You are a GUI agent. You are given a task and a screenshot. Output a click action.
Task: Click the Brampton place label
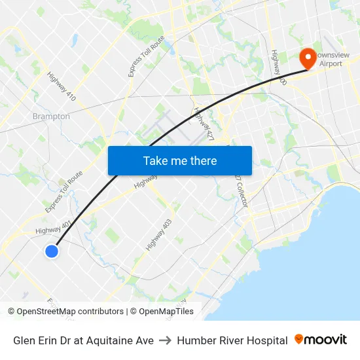coord(51,117)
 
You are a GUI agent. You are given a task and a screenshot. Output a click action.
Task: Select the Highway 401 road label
coord(54,228)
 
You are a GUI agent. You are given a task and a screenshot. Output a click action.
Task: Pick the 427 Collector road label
coord(242,190)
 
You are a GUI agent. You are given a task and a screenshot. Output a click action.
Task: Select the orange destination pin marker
coord(306,58)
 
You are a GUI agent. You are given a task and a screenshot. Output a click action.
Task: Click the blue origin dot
coord(52,251)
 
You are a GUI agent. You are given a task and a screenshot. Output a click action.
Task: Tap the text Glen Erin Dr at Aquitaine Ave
coord(83,340)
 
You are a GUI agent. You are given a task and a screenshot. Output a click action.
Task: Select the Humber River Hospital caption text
coord(232,340)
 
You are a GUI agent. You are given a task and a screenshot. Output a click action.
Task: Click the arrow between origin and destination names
coord(165,340)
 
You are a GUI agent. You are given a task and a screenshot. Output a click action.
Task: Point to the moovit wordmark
coord(326,340)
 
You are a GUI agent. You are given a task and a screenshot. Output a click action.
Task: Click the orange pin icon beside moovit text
coord(299,340)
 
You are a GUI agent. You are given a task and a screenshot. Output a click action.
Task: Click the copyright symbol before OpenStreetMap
coord(12,312)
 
